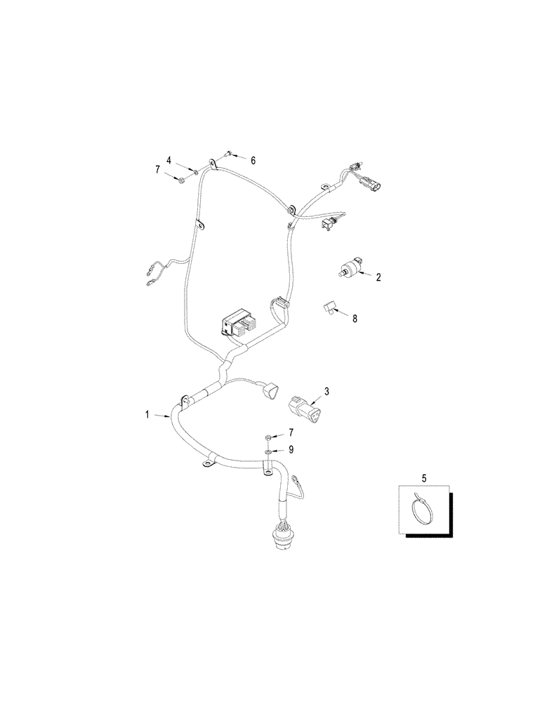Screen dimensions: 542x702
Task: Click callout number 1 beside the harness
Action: coord(147,415)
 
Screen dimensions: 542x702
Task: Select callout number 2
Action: coord(378,277)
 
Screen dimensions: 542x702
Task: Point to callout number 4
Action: coord(169,160)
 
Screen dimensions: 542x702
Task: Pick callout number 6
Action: coord(253,160)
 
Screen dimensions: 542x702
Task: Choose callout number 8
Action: coord(355,318)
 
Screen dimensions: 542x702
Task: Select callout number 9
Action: coord(291,450)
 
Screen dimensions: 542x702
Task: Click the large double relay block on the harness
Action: coord(239,323)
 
